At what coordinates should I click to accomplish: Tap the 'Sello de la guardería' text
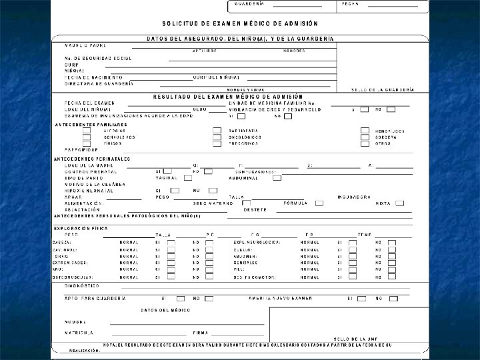[383, 89]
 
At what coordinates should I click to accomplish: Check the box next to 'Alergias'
[87, 131]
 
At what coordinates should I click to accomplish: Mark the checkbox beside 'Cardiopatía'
[217, 131]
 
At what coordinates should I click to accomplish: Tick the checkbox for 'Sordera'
[365, 137]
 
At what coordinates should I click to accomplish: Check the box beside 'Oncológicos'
[217, 137]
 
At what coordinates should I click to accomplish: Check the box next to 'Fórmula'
[319, 203]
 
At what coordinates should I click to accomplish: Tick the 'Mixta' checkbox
[399, 203]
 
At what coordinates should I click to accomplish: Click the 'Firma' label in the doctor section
[201, 332]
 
